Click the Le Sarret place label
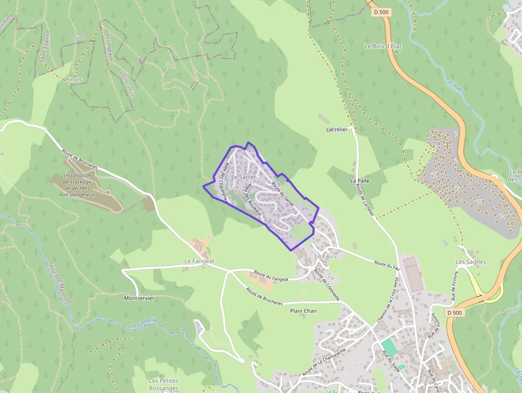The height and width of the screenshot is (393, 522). (244, 177)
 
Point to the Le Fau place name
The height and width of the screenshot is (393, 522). (323, 256)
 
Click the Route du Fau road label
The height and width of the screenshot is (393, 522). (387, 264)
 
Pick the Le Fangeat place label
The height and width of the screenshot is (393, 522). (199, 261)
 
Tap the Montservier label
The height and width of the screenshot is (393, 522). (138, 298)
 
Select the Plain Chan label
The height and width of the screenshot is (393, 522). (303, 310)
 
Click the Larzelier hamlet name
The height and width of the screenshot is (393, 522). (337, 130)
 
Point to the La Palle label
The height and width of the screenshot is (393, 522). (360, 181)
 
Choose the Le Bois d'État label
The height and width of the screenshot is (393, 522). (382, 46)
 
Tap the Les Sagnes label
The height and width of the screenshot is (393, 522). (471, 262)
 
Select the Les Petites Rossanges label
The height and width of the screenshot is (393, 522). (164, 384)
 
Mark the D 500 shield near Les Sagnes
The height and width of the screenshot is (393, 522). (455, 312)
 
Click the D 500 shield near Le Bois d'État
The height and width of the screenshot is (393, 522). (381, 12)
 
